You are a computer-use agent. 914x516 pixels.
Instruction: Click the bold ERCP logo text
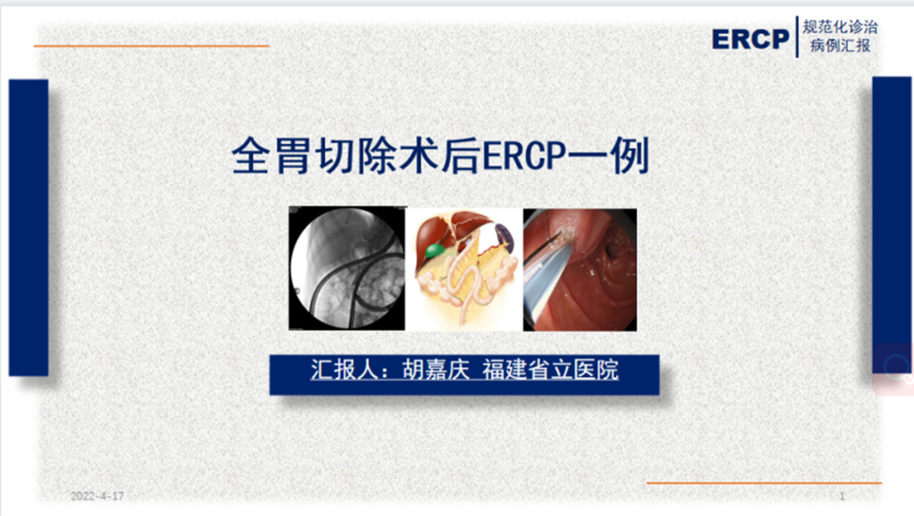[750, 38]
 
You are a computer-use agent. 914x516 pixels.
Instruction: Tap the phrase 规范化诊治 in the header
[840, 27]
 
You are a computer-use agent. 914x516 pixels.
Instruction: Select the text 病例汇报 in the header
[840, 46]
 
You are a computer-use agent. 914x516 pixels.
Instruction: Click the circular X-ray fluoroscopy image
[346, 269]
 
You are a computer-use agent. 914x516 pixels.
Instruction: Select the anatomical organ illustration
[465, 269]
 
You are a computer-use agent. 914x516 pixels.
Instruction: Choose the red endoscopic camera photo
[580, 269]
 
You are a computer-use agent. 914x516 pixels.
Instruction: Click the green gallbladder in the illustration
[433, 250]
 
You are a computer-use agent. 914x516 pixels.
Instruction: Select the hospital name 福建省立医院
[550, 371]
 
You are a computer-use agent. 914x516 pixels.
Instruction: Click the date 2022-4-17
[96, 496]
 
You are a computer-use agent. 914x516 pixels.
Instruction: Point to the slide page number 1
[842, 496]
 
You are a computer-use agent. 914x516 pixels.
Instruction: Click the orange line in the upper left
[152, 46]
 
